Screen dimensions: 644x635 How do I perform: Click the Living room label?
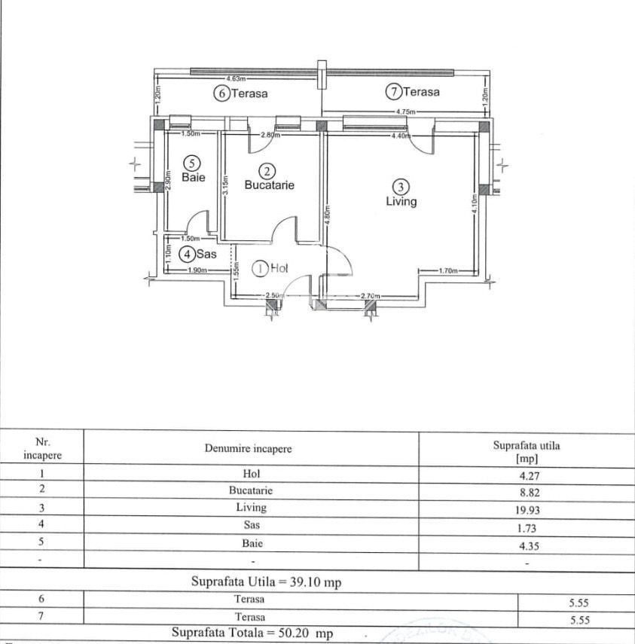pyautogui.click(x=401, y=202)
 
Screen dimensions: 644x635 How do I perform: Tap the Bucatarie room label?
pyautogui.click(x=269, y=185)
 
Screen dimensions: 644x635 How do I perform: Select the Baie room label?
pyautogui.click(x=194, y=178)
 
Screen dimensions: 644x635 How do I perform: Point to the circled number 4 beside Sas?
pyautogui.click(x=185, y=255)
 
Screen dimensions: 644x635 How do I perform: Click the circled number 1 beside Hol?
pyautogui.click(x=261, y=267)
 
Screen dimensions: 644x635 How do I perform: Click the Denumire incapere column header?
pyautogui.click(x=248, y=449)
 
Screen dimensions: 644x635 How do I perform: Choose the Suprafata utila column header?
pyautogui.click(x=527, y=451)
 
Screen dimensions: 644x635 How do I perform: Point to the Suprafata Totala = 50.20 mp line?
pyautogui.click(x=252, y=633)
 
